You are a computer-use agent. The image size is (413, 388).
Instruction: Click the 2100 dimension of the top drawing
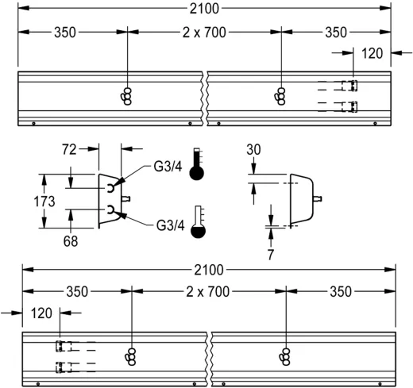(206, 9)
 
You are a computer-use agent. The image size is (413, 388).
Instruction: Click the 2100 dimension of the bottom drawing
(209, 270)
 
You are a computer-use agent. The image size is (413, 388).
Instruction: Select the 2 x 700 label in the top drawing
(204, 33)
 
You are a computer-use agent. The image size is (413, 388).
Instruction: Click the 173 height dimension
(44, 202)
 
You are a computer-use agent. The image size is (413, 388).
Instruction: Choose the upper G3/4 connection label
(169, 167)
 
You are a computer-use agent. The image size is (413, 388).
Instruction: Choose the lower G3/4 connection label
(169, 225)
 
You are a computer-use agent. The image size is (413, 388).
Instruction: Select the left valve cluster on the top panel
(127, 94)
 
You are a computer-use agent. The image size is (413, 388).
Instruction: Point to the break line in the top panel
(207, 99)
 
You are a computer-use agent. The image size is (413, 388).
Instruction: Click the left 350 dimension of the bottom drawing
(77, 291)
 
